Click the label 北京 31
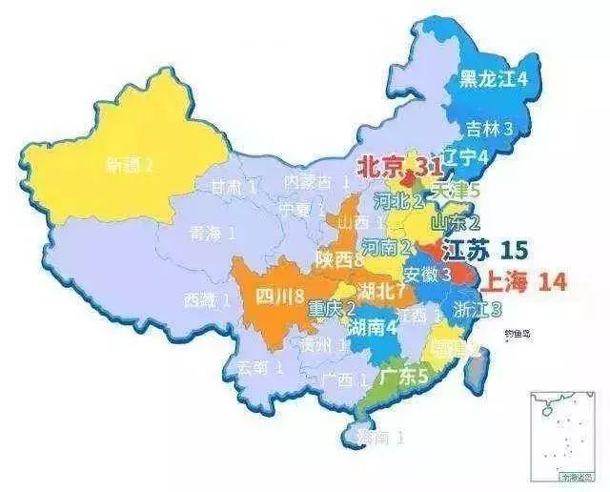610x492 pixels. click(398, 166)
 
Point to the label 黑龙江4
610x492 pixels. click(495, 78)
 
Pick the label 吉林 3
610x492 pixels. click(490, 126)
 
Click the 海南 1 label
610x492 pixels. click(377, 438)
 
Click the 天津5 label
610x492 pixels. click(456, 190)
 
